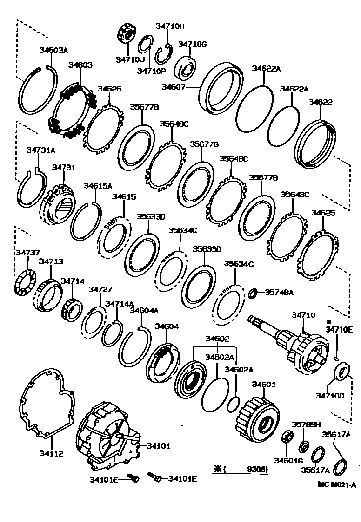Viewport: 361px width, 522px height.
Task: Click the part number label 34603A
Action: tap(53, 50)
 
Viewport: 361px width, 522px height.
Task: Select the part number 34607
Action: tap(174, 86)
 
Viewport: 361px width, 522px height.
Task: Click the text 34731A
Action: tap(41, 150)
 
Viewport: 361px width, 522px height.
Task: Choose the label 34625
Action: tap(323, 213)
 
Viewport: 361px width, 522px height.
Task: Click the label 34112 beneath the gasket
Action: tap(51, 453)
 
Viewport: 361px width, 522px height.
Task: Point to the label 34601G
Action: tap(288, 460)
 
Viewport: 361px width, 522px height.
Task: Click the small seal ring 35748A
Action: tap(253, 294)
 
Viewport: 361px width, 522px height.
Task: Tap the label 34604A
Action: tap(144, 310)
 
